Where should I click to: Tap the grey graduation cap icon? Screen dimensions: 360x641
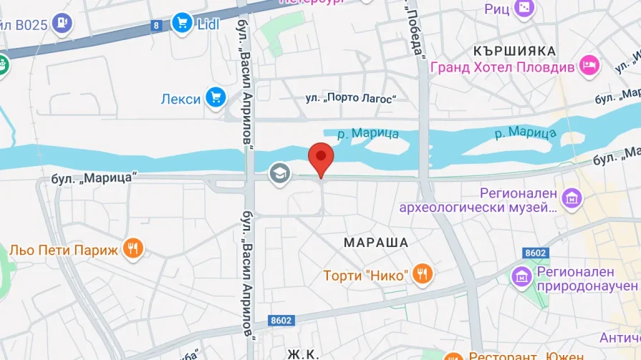[279, 172]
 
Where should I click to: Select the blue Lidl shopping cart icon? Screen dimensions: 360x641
[182, 24]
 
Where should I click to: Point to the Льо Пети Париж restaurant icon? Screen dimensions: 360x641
[132, 248]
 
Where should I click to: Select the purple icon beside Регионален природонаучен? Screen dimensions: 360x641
[521, 275]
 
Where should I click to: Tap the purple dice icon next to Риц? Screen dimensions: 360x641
[525, 8]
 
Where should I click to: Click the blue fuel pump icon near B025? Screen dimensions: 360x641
[63, 24]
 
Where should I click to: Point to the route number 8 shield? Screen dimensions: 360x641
[156, 26]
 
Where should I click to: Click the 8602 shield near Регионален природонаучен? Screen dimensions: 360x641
[535, 253]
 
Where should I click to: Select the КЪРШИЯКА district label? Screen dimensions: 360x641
[514, 51]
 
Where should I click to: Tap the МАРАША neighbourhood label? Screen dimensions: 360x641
[376, 243]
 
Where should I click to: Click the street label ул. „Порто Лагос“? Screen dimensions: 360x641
[351, 98]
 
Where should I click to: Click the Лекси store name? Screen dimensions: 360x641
[181, 99]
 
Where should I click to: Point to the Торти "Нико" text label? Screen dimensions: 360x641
[365, 275]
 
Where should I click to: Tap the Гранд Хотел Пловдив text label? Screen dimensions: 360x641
[502, 67]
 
